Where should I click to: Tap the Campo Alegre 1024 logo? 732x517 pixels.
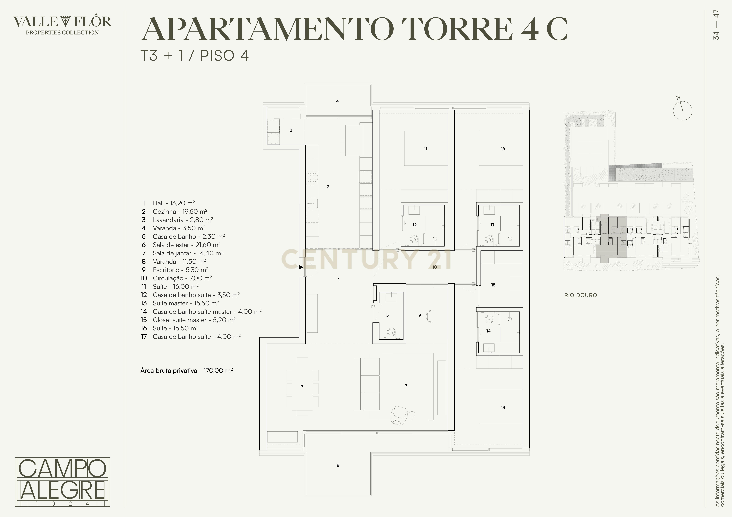point(62,482)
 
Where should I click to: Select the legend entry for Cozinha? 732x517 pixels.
point(180,212)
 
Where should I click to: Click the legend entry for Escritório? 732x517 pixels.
point(180,270)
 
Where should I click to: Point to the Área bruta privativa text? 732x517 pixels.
point(186,371)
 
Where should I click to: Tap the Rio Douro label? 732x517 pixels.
point(580,295)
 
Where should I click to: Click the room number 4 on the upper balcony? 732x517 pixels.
point(337,101)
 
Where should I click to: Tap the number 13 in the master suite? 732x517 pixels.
point(503,407)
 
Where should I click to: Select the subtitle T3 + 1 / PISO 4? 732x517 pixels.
point(194,56)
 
